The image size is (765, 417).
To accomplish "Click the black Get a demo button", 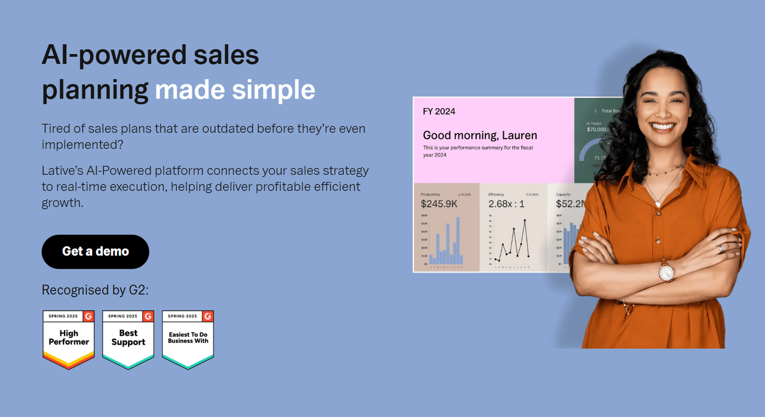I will point(95,252).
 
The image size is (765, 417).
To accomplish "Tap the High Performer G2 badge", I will point(69,339).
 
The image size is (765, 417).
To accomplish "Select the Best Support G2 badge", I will point(128,339).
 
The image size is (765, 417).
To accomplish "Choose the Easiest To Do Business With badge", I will point(188,339).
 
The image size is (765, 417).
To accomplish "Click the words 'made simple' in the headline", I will point(235,90).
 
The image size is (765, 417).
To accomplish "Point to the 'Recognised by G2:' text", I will point(95,290).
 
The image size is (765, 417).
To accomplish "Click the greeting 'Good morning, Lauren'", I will point(480,135).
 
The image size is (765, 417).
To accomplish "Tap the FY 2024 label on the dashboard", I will point(439,111).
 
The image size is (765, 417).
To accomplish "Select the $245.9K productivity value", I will point(439,204).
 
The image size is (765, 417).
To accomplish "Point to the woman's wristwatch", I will point(666,272).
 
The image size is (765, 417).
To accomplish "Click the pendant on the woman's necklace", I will point(658,204).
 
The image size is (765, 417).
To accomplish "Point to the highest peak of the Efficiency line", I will point(525,221).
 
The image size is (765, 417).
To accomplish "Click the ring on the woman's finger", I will point(721,249).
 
